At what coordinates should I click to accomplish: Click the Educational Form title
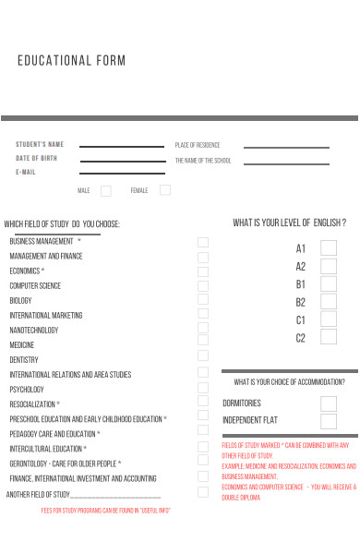click(x=71, y=61)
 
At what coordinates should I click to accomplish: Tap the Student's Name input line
click(x=122, y=146)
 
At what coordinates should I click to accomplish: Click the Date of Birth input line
click(x=122, y=160)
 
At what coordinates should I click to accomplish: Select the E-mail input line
click(x=122, y=174)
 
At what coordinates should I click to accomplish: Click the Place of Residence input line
click(x=285, y=147)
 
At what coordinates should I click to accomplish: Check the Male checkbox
click(x=106, y=191)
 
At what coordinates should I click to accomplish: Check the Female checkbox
click(x=165, y=190)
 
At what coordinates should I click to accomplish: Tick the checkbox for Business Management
click(x=203, y=242)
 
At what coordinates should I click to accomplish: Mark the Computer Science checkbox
click(x=203, y=286)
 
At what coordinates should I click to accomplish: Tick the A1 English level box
click(x=329, y=248)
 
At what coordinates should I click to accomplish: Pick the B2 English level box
click(x=329, y=302)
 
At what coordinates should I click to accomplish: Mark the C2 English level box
click(x=329, y=337)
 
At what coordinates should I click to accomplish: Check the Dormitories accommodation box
click(x=329, y=403)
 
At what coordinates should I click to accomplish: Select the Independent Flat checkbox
click(x=329, y=421)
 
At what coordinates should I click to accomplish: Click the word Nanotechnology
click(x=34, y=330)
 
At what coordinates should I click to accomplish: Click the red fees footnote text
click(x=106, y=511)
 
